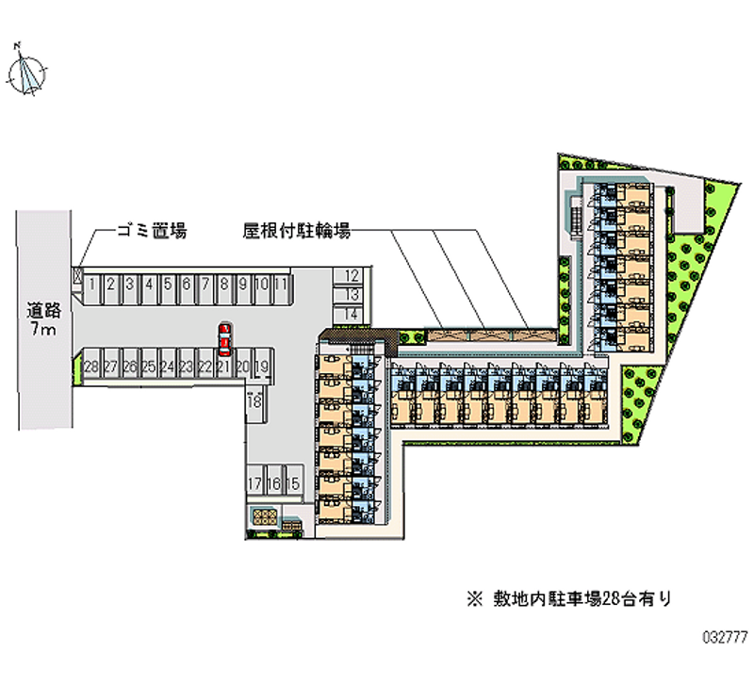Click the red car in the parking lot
(224, 335)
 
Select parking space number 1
(93, 283)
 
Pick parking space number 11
(280, 283)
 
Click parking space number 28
(91, 367)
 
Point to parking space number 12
(352, 276)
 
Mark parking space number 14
(352, 314)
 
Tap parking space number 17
(254, 483)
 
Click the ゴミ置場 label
(151, 230)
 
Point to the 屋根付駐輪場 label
(297, 229)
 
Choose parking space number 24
(167, 367)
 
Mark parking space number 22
(205, 367)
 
